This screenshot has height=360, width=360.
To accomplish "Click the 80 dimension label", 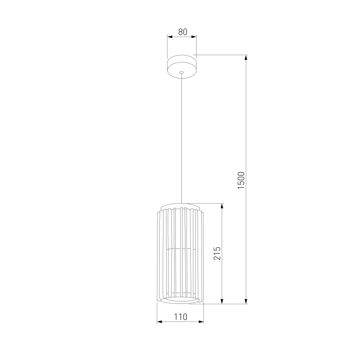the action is point(183,32).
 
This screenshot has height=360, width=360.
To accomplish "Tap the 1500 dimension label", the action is point(241,180).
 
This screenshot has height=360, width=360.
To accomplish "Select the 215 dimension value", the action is point(217,253).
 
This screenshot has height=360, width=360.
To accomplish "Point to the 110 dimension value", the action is point(181,317).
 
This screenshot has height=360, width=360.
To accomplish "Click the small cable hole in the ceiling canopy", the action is point(181,72).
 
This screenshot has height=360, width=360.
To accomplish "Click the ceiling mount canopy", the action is point(181,67).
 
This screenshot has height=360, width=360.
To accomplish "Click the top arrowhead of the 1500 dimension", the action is point(246,58).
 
